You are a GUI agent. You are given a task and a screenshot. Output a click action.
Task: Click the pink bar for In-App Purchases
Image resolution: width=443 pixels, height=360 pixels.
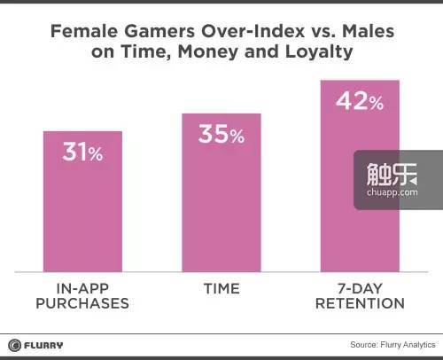tap(82, 201)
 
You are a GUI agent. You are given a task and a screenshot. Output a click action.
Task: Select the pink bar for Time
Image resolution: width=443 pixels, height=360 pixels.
tap(221, 192)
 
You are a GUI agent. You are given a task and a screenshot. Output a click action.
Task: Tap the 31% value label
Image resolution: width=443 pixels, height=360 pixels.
tap(82, 152)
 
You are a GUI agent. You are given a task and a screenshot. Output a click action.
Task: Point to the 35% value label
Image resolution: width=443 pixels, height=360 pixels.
tap(221, 134)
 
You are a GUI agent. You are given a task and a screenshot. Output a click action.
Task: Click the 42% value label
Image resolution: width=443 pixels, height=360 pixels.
tap(360, 101)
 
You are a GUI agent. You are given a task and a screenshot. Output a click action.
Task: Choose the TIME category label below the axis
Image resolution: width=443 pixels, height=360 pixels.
tap(221, 289)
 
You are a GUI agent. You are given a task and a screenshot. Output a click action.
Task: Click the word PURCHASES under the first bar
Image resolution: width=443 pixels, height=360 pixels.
tap(82, 303)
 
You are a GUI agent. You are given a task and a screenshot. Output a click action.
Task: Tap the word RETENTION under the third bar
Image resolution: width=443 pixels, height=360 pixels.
tap(360, 303)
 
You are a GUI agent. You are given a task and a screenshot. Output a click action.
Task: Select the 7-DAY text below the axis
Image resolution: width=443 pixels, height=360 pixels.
tap(360, 289)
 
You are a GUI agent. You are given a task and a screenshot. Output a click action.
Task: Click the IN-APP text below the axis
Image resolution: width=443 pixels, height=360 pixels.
tap(82, 289)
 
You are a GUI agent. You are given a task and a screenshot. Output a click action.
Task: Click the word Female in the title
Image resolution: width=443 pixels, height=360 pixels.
tap(84, 31)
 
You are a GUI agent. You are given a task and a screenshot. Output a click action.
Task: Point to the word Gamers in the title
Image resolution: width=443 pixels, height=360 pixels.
tap(159, 31)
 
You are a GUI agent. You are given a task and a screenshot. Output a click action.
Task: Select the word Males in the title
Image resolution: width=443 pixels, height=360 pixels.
tap(368, 31)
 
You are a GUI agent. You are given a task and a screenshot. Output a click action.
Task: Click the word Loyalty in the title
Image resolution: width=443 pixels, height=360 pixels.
tap(319, 52)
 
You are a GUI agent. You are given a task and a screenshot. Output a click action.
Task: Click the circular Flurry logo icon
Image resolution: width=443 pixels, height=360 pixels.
tap(14, 345)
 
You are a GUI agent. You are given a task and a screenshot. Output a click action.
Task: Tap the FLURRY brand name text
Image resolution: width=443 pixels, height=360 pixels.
tap(43, 345)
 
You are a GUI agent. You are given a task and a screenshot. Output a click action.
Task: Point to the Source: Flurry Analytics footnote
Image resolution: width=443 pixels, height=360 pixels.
tap(392, 345)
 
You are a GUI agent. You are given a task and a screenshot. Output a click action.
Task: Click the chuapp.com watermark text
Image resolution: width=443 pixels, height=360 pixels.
tap(392, 192)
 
